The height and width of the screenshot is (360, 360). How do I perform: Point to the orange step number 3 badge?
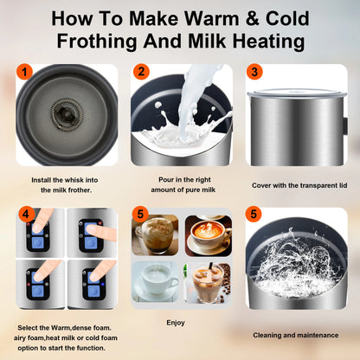(x=254, y=74)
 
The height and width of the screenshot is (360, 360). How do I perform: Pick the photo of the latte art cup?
(x=209, y=235)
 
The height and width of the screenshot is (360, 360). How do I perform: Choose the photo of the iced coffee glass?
(x=209, y=281)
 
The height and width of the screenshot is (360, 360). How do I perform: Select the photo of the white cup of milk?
(x=156, y=281)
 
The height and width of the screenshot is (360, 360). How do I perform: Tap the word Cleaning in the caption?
(x=271, y=334)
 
